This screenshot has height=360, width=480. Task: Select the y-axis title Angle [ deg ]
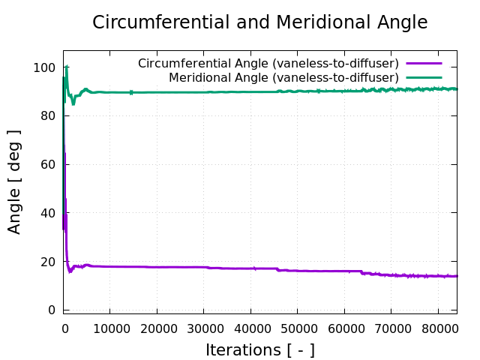coord(15,181)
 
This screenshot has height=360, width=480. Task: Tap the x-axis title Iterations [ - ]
coord(259,349)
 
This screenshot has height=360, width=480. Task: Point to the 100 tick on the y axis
coord(46,67)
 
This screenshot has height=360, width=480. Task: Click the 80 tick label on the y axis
coord(49,116)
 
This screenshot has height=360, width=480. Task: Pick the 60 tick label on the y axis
coord(49,164)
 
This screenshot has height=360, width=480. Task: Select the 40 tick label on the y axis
coord(49,213)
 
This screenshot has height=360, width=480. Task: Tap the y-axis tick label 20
coord(49,262)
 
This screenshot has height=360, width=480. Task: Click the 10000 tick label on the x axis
coord(109,327)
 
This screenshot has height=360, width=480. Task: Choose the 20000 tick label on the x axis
coord(157,327)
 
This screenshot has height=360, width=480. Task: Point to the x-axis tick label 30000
coord(203,327)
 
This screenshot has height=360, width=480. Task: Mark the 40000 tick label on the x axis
coord(250,327)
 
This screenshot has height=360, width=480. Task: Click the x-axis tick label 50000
coord(297,327)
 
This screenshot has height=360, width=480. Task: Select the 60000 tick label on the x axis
coord(344,327)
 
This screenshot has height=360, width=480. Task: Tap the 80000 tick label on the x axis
coord(438,327)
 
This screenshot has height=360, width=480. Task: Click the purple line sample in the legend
coord(424,64)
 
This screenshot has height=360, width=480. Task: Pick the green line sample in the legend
coord(424,77)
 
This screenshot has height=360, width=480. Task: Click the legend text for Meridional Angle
coord(283,77)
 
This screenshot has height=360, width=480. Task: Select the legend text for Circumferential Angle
coord(268,64)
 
